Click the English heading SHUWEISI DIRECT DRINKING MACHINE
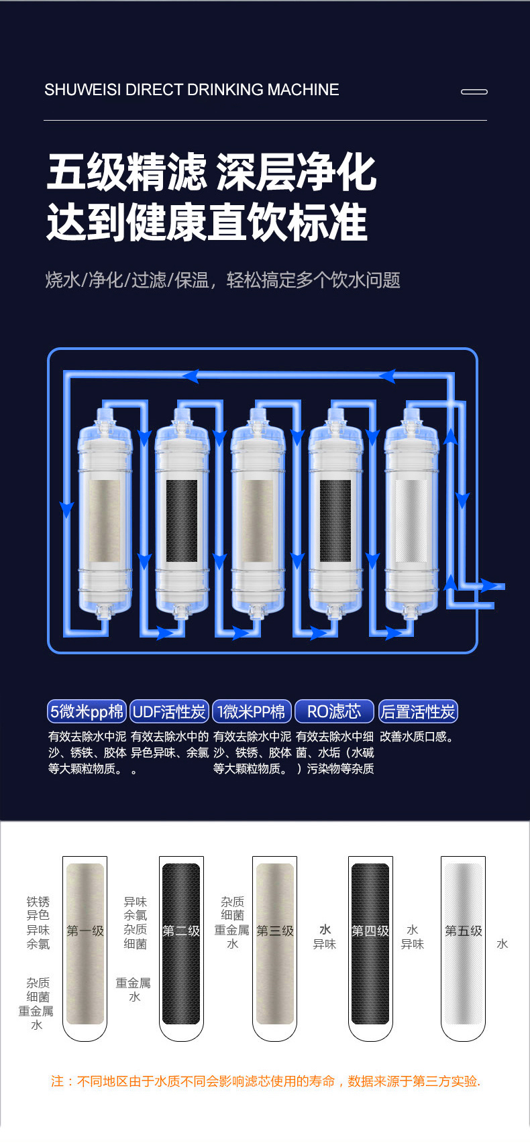[x=191, y=90]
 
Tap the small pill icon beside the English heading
[x=474, y=91]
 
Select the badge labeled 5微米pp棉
[x=87, y=711]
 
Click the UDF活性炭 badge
[x=169, y=711]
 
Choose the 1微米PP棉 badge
[x=252, y=711]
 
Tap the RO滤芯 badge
[x=335, y=711]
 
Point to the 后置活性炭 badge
[x=418, y=711]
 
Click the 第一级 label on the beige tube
[x=85, y=930]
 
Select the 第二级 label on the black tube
[x=181, y=930]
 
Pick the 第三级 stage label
[x=274, y=930]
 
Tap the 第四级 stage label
[x=370, y=930]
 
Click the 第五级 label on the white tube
[x=463, y=930]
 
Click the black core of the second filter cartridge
[x=182, y=520]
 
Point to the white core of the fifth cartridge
[x=411, y=520]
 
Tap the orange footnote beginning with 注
[x=266, y=1081]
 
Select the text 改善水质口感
[x=416, y=736]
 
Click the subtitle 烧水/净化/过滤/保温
[x=127, y=280]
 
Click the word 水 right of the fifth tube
[x=502, y=943]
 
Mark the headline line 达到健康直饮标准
[x=207, y=221]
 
